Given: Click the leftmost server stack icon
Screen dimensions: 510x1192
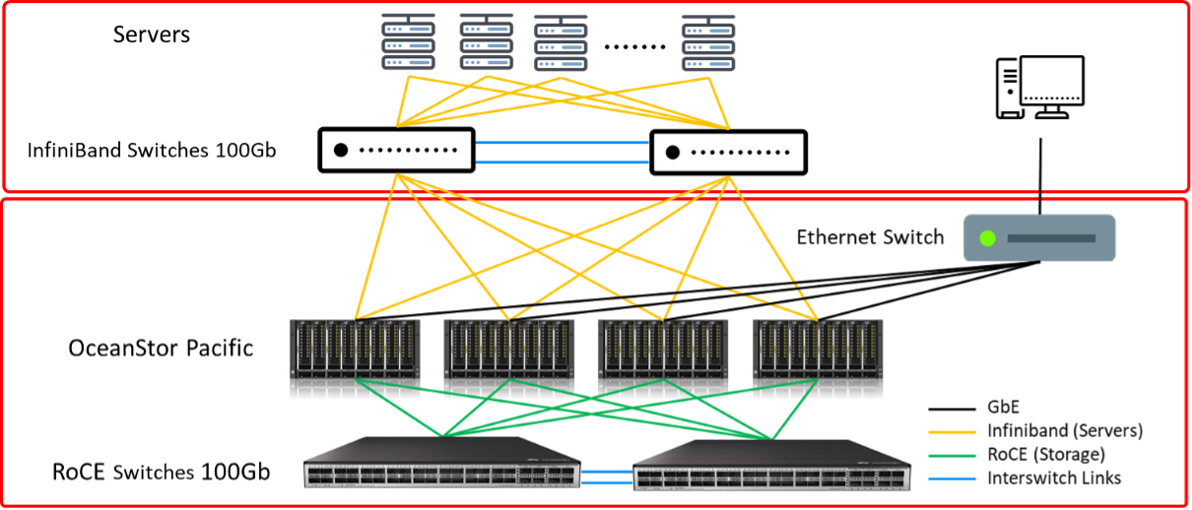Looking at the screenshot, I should [x=409, y=43].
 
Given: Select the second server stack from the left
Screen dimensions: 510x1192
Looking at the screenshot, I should [x=487, y=43].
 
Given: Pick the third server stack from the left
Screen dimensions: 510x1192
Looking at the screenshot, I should [x=561, y=45].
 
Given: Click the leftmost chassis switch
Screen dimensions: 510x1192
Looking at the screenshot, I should [x=356, y=358].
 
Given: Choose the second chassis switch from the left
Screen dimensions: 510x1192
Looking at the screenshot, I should [x=509, y=358].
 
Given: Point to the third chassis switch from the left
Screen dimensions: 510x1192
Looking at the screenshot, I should [x=663, y=358].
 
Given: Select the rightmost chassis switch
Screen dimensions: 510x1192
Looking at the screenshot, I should [x=818, y=358].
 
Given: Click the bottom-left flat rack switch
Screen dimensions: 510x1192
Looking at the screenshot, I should [x=441, y=463].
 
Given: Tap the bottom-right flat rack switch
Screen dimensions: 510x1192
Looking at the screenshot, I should [x=771, y=466].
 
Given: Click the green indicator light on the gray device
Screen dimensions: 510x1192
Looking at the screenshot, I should [x=987, y=238].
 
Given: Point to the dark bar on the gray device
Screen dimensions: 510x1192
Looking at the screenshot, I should [x=1051, y=238].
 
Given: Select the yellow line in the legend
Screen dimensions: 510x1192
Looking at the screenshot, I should [x=952, y=432].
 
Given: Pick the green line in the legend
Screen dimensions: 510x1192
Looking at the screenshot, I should [x=952, y=456].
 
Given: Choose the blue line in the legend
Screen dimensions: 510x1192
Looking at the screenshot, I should [x=952, y=479].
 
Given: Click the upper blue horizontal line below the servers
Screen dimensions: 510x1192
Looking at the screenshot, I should [x=562, y=143].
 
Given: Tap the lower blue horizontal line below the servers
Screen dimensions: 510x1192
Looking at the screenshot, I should [x=562, y=162].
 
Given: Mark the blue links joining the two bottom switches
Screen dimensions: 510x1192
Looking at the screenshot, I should [x=607, y=478].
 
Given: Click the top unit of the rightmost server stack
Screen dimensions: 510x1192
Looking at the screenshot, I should [x=708, y=30].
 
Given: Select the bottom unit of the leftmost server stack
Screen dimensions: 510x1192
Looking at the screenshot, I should [x=409, y=62].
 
